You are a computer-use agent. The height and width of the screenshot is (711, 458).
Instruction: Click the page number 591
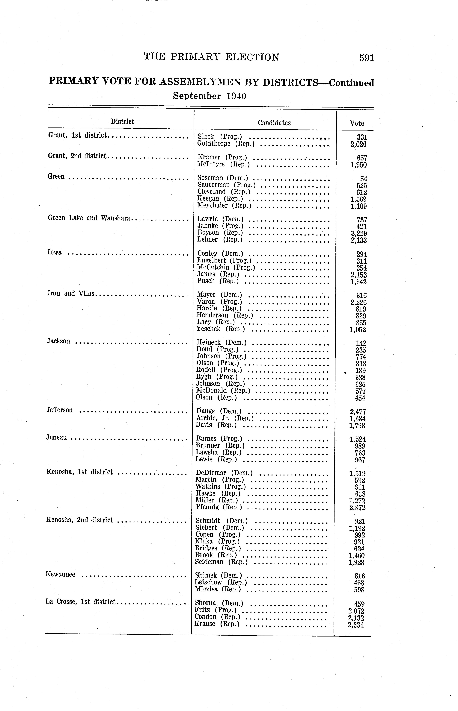point(366,58)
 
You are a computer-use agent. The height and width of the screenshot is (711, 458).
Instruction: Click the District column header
point(122,121)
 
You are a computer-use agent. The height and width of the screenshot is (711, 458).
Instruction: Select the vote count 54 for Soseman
point(363,179)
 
